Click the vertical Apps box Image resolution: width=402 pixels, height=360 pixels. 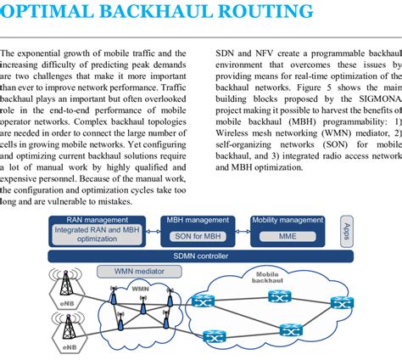344,231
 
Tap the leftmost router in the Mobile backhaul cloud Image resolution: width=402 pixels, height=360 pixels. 202,301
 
